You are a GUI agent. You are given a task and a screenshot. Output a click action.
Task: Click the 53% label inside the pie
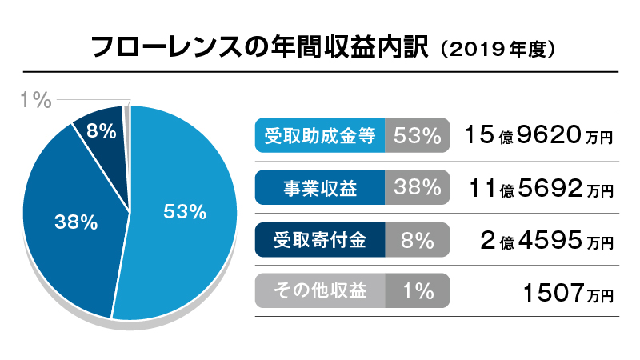coord(185,212)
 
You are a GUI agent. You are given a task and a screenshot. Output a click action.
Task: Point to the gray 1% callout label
coord(35,100)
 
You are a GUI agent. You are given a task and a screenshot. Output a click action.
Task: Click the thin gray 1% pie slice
coord(126,113)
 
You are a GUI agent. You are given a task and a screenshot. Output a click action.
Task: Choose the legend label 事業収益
coord(320,188)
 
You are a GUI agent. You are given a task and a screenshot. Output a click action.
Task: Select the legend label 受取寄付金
coord(320,239)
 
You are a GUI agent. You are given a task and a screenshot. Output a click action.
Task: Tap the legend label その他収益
coord(320,291)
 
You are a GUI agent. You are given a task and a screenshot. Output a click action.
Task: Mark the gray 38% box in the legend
coord(417,188)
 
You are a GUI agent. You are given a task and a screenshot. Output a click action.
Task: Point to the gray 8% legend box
coord(417,239)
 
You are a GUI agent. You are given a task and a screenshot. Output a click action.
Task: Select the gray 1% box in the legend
coord(417,291)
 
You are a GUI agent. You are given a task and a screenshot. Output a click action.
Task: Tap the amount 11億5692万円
coord(538,188)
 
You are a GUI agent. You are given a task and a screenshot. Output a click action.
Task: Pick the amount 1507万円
coord(569,292)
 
